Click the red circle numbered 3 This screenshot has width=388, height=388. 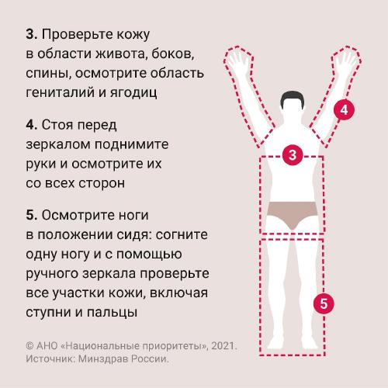[293, 155]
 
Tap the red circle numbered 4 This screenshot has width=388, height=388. [344, 110]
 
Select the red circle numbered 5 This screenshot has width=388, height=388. [324, 303]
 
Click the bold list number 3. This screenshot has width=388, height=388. [32, 34]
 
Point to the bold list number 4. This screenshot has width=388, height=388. [32, 125]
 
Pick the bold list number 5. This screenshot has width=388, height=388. [32, 215]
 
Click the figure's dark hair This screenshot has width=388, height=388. [293, 98]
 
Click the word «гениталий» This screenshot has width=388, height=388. [61, 92]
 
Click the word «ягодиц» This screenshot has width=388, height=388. [133, 93]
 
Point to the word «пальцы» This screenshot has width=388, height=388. [112, 313]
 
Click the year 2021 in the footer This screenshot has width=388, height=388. [224, 346]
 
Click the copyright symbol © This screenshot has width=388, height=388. [30, 346]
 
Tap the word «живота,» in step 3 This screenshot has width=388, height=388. [121, 54]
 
